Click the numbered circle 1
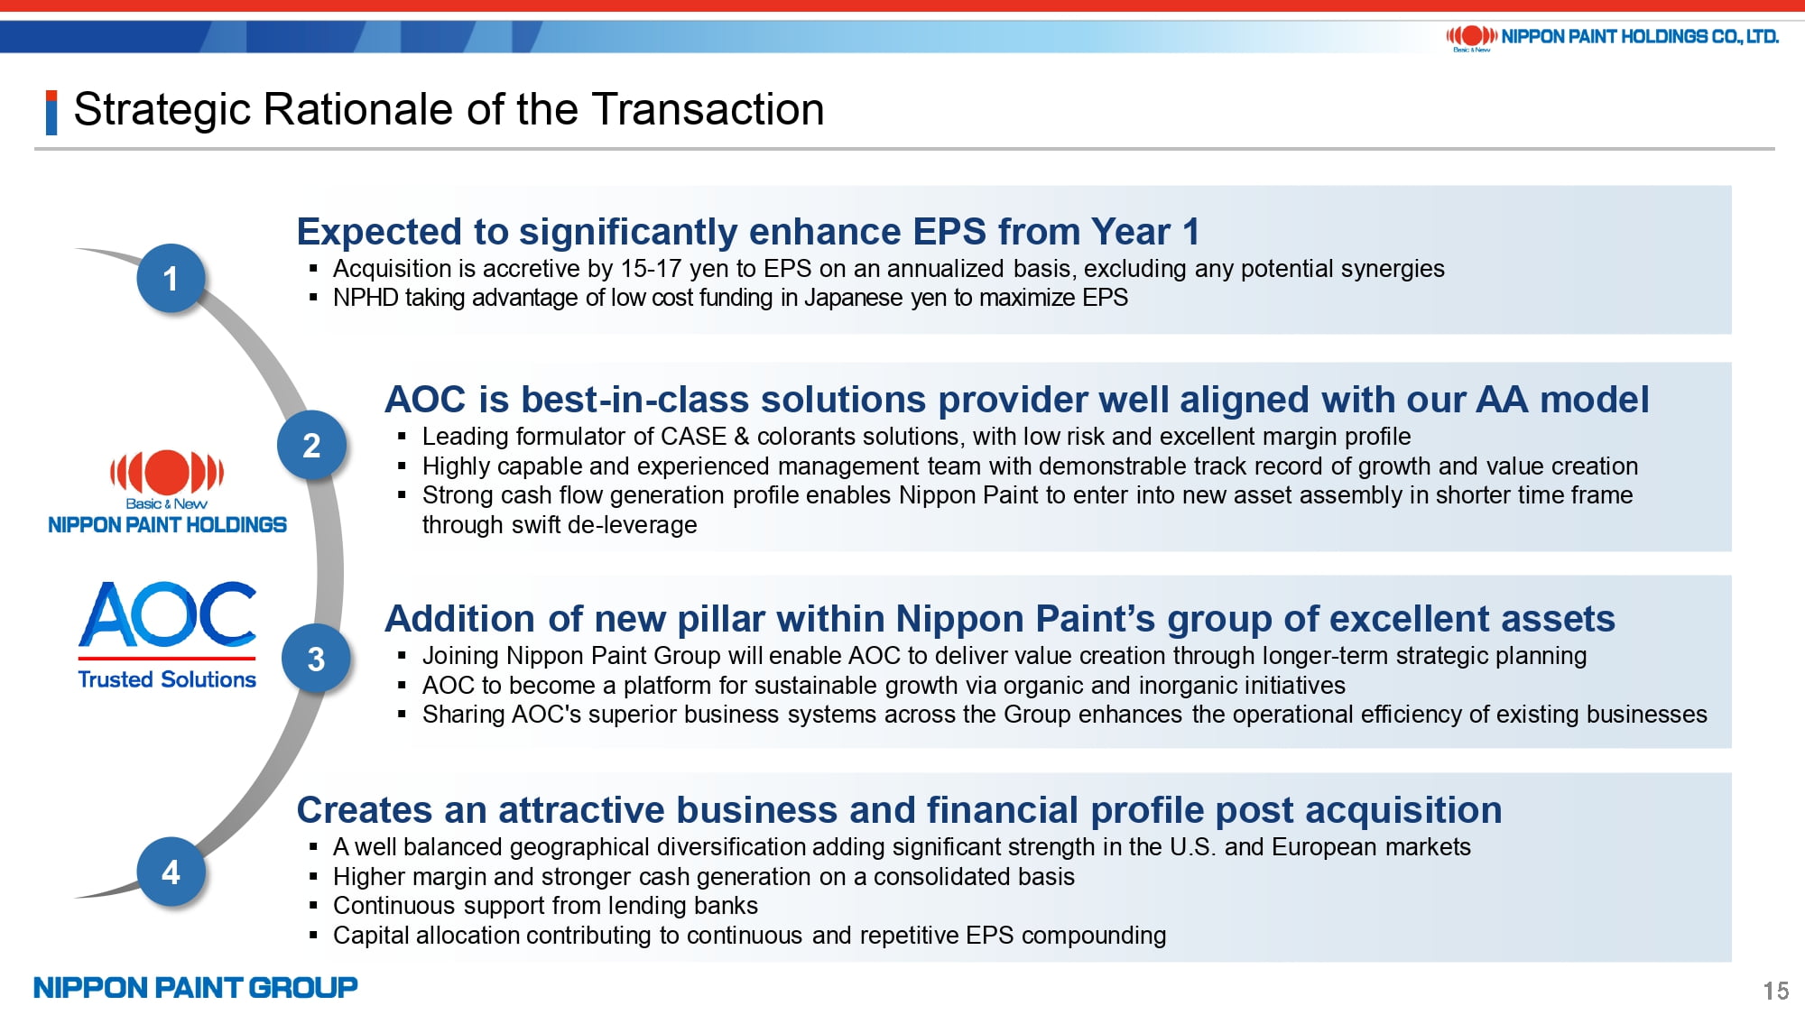tap(171, 279)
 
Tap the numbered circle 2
tap(311, 445)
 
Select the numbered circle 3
tap(316, 659)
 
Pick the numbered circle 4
tap(171, 872)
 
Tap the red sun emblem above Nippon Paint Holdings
tap(167, 471)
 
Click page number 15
tap(1776, 991)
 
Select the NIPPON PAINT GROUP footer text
tap(196, 987)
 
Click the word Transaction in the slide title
tap(708, 109)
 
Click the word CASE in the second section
tap(693, 437)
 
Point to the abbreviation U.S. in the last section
tap(1193, 847)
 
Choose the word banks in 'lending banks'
tap(727, 906)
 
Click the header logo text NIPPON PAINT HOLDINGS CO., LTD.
tap(1640, 37)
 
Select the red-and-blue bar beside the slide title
tap(51, 112)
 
